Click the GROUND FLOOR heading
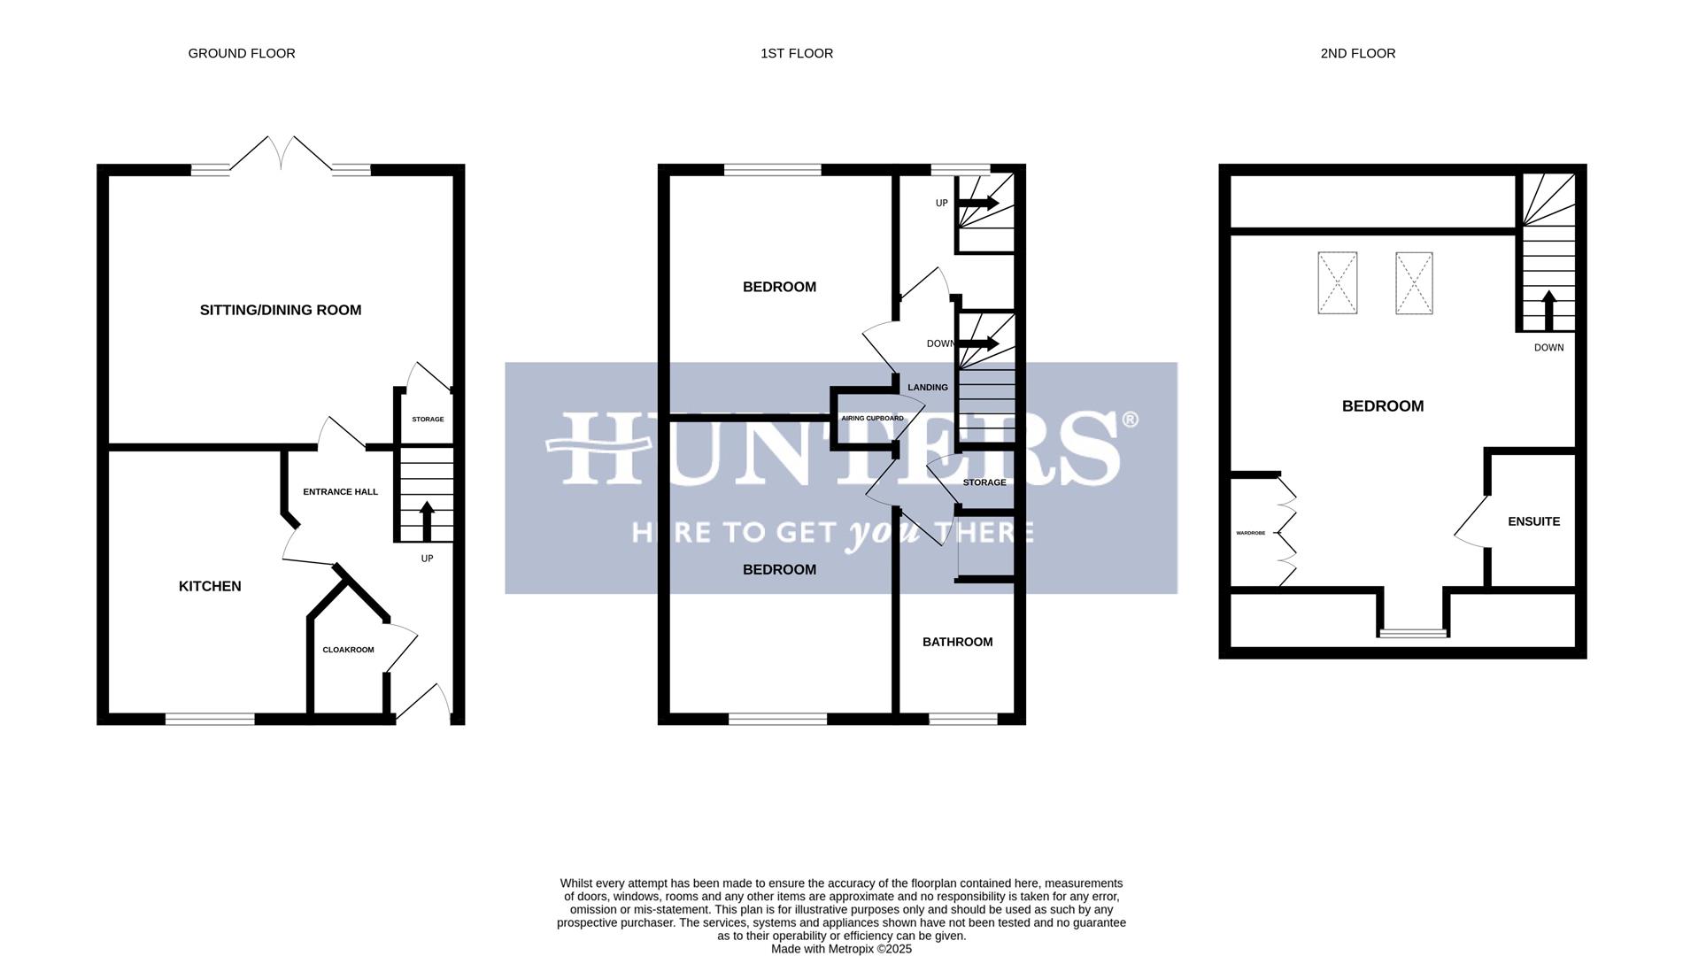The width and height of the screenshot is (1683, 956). click(242, 54)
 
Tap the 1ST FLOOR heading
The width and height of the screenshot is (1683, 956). click(797, 54)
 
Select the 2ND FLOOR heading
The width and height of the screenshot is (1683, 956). click(1357, 54)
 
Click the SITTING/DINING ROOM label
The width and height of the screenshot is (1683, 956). click(281, 310)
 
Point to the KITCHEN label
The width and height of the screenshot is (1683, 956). click(210, 586)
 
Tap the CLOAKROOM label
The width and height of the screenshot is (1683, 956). click(348, 650)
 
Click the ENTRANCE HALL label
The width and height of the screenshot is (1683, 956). click(340, 492)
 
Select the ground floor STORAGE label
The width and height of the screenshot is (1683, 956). click(428, 420)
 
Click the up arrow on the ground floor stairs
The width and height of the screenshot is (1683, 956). click(427, 521)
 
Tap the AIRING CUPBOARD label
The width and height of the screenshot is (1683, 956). click(872, 419)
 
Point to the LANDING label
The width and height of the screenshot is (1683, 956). click(927, 388)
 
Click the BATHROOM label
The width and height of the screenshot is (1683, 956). click(957, 642)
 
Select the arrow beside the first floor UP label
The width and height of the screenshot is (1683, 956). click(978, 204)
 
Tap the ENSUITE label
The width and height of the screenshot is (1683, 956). click(1533, 521)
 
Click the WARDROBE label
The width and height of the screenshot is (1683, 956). click(1250, 533)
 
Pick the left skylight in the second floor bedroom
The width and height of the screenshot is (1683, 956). click(1337, 283)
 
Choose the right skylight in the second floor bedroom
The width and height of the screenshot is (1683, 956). click(1414, 283)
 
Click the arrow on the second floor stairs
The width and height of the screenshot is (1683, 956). click(1548, 310)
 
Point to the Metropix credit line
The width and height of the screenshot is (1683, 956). click(841, 949)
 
